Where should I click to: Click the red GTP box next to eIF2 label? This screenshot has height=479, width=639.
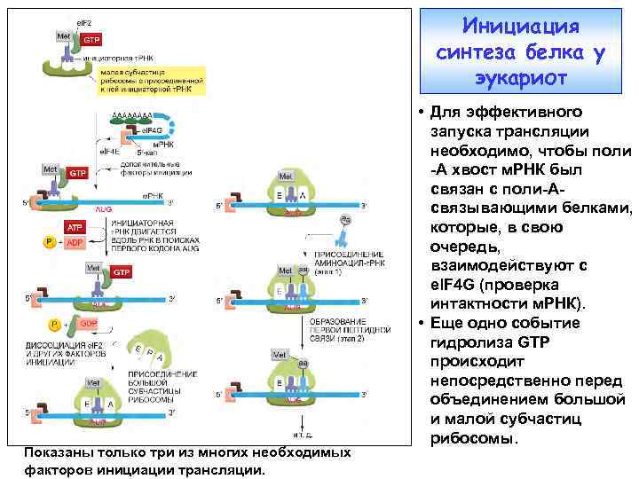91,39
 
